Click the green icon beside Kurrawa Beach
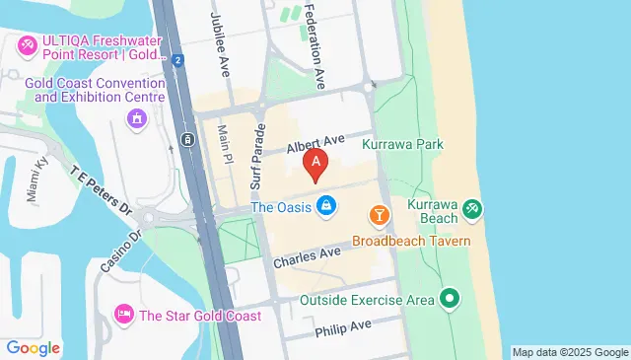(472, 208)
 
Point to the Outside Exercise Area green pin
(451, 297)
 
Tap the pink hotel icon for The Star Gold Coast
(124, 315)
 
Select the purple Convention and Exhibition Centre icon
(137, 119)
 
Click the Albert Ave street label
(313, 145)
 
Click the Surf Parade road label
(257, 157)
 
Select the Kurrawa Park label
(402, 144)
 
